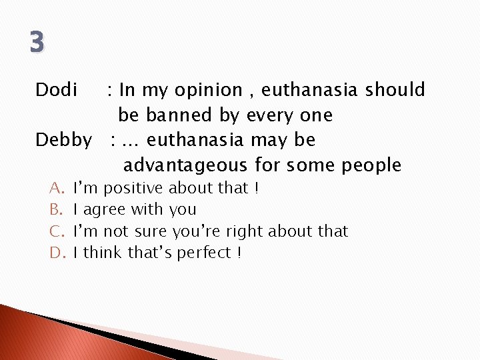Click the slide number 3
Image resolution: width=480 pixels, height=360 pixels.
click(x=37, y=43)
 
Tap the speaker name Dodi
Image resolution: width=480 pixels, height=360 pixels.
click(x=57, y=89)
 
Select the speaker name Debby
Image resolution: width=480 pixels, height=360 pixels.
click(x=64, y=141)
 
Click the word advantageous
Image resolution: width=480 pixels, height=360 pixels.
click(x=185, y=165)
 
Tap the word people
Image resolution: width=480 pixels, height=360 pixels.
click(x=371, y=165)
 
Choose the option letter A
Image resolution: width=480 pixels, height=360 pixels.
click(x=56, y=189)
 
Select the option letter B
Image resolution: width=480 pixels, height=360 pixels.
click(x=55, y=210)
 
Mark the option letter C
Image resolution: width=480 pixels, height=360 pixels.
click(x=56, y=231)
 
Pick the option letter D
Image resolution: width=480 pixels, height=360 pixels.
click(x=56, y=253)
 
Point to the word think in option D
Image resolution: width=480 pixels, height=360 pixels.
click(x=102, y=253)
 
